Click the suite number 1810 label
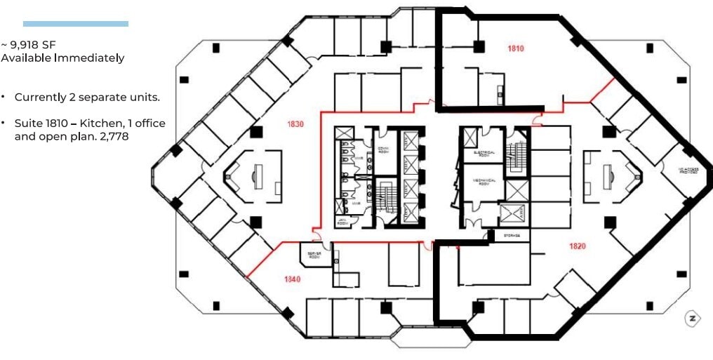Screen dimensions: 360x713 [516, 49]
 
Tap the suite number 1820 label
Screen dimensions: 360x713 [577, 246]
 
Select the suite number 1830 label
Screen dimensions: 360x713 [295, 124]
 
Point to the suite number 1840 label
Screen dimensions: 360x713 [293, 279]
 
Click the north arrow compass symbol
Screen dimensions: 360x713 [692, 319]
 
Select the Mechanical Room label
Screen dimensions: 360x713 [484, 181]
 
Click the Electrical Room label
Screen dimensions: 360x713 [485, 153]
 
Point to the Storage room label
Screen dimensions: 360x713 [512, 236]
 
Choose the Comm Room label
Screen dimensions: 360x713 [383, 149]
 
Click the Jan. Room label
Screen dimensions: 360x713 [342, 220]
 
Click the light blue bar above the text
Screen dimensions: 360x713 [76, 24]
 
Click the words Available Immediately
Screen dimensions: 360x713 [63, 58]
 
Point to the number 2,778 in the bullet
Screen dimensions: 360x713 [112, 136]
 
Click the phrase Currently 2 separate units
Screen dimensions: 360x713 [87, 97]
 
